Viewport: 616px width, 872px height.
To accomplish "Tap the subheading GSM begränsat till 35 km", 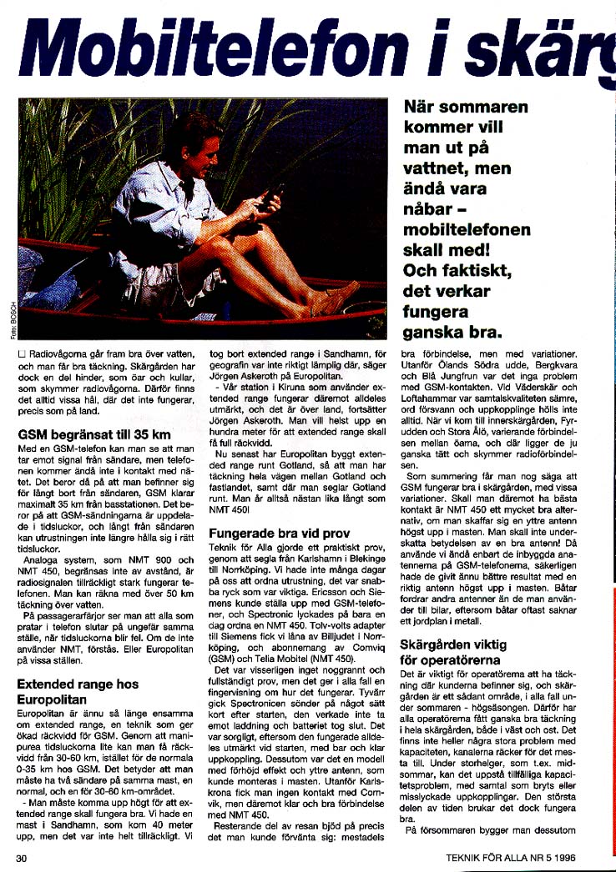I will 94,434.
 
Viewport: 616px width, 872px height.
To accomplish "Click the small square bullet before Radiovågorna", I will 22,356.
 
